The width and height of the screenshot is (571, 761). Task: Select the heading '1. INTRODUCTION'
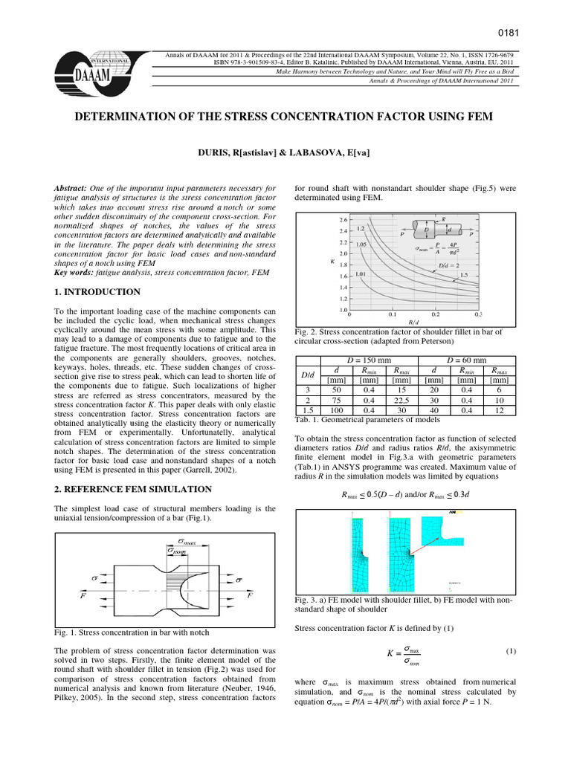coord(98,292)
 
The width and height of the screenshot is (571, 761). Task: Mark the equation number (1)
coord(511,651)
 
